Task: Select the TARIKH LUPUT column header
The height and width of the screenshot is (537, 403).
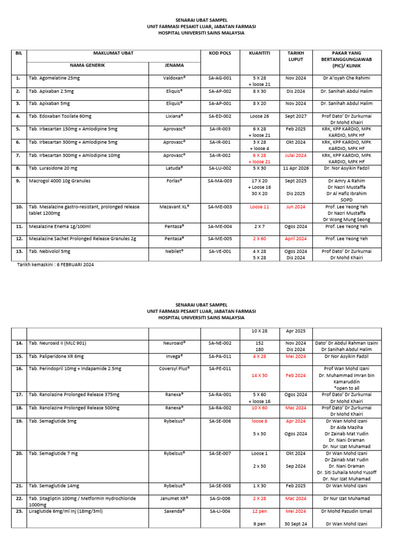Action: (x=295, y=56)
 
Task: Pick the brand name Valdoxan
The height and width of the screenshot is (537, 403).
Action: (x=174, y=78)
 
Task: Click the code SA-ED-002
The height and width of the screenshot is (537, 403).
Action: (x=219, y=116)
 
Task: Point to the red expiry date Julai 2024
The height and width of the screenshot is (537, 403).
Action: (x=295, y=155)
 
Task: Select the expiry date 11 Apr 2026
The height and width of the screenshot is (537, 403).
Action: (x=295, y=168)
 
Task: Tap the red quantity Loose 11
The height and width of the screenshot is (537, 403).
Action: (x=259, y=207)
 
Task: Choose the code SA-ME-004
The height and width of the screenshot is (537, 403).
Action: (x=219, y=226)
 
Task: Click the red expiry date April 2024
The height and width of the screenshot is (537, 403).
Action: (x=295, y=239)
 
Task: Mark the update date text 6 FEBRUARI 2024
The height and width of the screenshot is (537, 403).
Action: (x=70, y=264)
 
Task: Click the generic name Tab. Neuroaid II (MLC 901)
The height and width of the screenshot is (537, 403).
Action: (x=57, y=343)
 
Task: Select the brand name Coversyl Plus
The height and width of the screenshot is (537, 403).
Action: (x=174, y=369)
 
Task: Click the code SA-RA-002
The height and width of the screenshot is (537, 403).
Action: (x=219, y=407)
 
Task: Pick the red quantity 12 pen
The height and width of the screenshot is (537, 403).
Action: (x=259, y=511)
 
